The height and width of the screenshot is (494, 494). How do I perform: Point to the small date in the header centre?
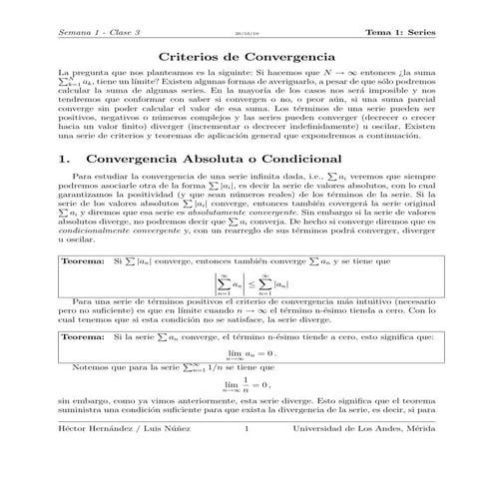pos(247,33)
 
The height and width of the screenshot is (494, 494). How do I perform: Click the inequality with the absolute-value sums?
pos(247,311)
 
